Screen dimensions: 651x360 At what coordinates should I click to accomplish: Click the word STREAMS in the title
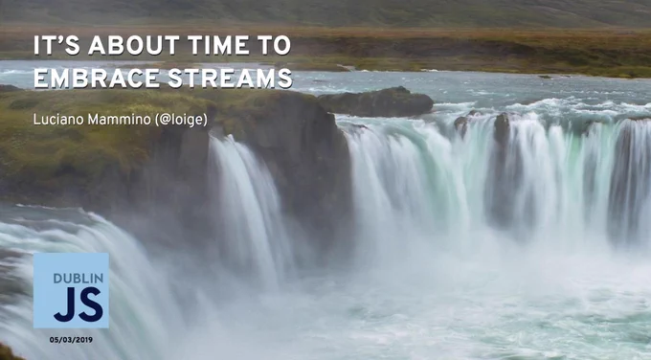pyautogui.click(x=230, y=79)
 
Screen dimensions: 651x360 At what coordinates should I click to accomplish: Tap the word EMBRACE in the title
pyautogui.click(x=97, y=79)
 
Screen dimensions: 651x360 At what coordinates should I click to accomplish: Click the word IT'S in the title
pyautogui.click(x=56, y=45)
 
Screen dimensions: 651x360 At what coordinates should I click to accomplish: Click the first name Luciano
pyautogui.click(x=58, y=120)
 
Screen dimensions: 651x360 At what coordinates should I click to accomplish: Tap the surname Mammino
pyautogui.click(x=120, y=120)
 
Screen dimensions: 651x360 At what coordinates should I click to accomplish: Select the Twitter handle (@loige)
pyautogui.click(x=181, y=120)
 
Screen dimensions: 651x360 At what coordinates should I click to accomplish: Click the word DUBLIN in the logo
pyautogui.click(x=79, y=279)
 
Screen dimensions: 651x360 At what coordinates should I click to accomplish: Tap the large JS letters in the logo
pyautogui.click(x=79, y=304)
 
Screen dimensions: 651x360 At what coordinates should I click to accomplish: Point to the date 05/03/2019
pyautogui.click(x=71, y=340)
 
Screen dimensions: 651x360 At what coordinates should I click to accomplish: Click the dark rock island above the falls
pyautogui.click(x=375, y=101)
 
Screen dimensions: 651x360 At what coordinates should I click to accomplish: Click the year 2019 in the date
pyautogui.click(x=84, y=340)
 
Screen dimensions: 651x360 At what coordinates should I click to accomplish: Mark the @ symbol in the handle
pyautogui.click(x=165, y=120)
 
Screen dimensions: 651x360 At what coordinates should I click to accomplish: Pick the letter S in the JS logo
pyautogui.click(x=91, y=304)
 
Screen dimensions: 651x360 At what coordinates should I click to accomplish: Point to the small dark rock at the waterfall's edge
pyautogui.click(x=502, y=126)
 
